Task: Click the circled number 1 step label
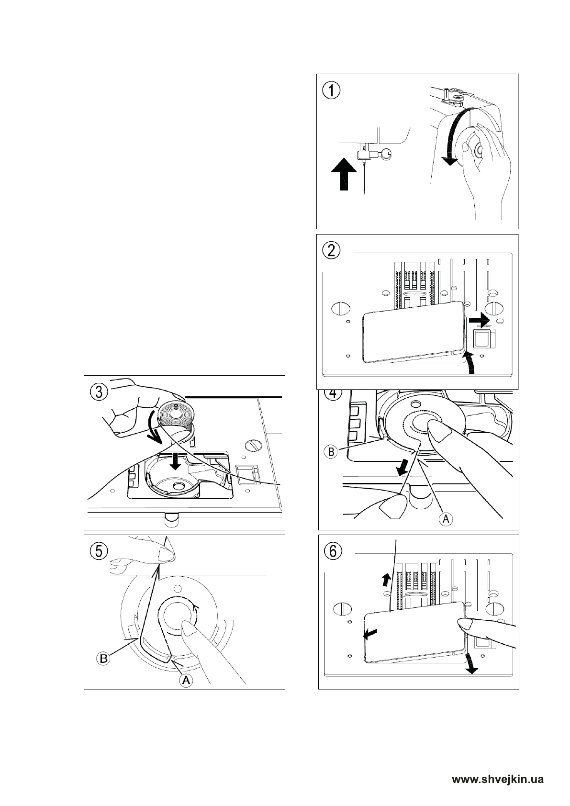click(x=331, y=90)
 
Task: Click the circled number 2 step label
click(x=331, y=250)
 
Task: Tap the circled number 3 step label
click(x=99, y=392)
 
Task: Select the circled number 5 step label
click(x=99, y=551)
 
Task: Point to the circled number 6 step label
click(x=333, y=551)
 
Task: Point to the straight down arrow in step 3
click(x=176, y=461)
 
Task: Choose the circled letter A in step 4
click(x=445, y=518)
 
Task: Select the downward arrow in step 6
click(x=470, y=663)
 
